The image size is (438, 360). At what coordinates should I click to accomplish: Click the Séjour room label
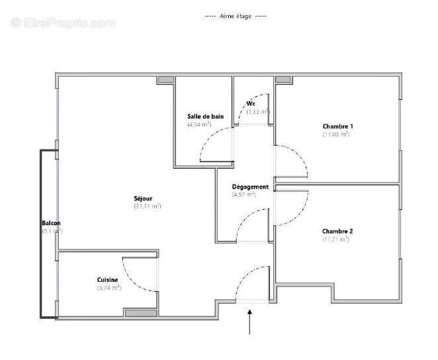(143, 198)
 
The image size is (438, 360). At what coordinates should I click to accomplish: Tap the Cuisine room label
(107, 280)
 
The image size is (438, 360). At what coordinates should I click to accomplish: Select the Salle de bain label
(205, 116)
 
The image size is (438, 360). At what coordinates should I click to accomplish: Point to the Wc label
(251, 104)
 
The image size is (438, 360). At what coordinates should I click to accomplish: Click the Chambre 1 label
(337, 126)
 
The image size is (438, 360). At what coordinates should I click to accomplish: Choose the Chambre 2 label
(337, 231)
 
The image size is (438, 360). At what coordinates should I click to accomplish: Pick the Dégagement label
(250, 187)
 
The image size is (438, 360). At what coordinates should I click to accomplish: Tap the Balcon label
(52, 223)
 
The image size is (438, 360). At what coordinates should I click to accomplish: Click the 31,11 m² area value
(147, 206)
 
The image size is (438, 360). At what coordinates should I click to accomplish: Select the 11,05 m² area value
(336, 134)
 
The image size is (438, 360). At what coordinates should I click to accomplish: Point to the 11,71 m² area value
(335, 239)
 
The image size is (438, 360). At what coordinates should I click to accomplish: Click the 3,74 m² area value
(109, 288)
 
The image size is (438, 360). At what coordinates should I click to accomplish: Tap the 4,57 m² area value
(243, 195)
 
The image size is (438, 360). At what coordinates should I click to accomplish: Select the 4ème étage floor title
(236, 16)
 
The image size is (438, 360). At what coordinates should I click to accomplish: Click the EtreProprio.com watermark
(64, 23)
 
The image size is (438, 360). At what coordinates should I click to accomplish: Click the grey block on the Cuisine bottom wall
(141, 313)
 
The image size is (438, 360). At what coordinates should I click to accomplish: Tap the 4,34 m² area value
(199, 124)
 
